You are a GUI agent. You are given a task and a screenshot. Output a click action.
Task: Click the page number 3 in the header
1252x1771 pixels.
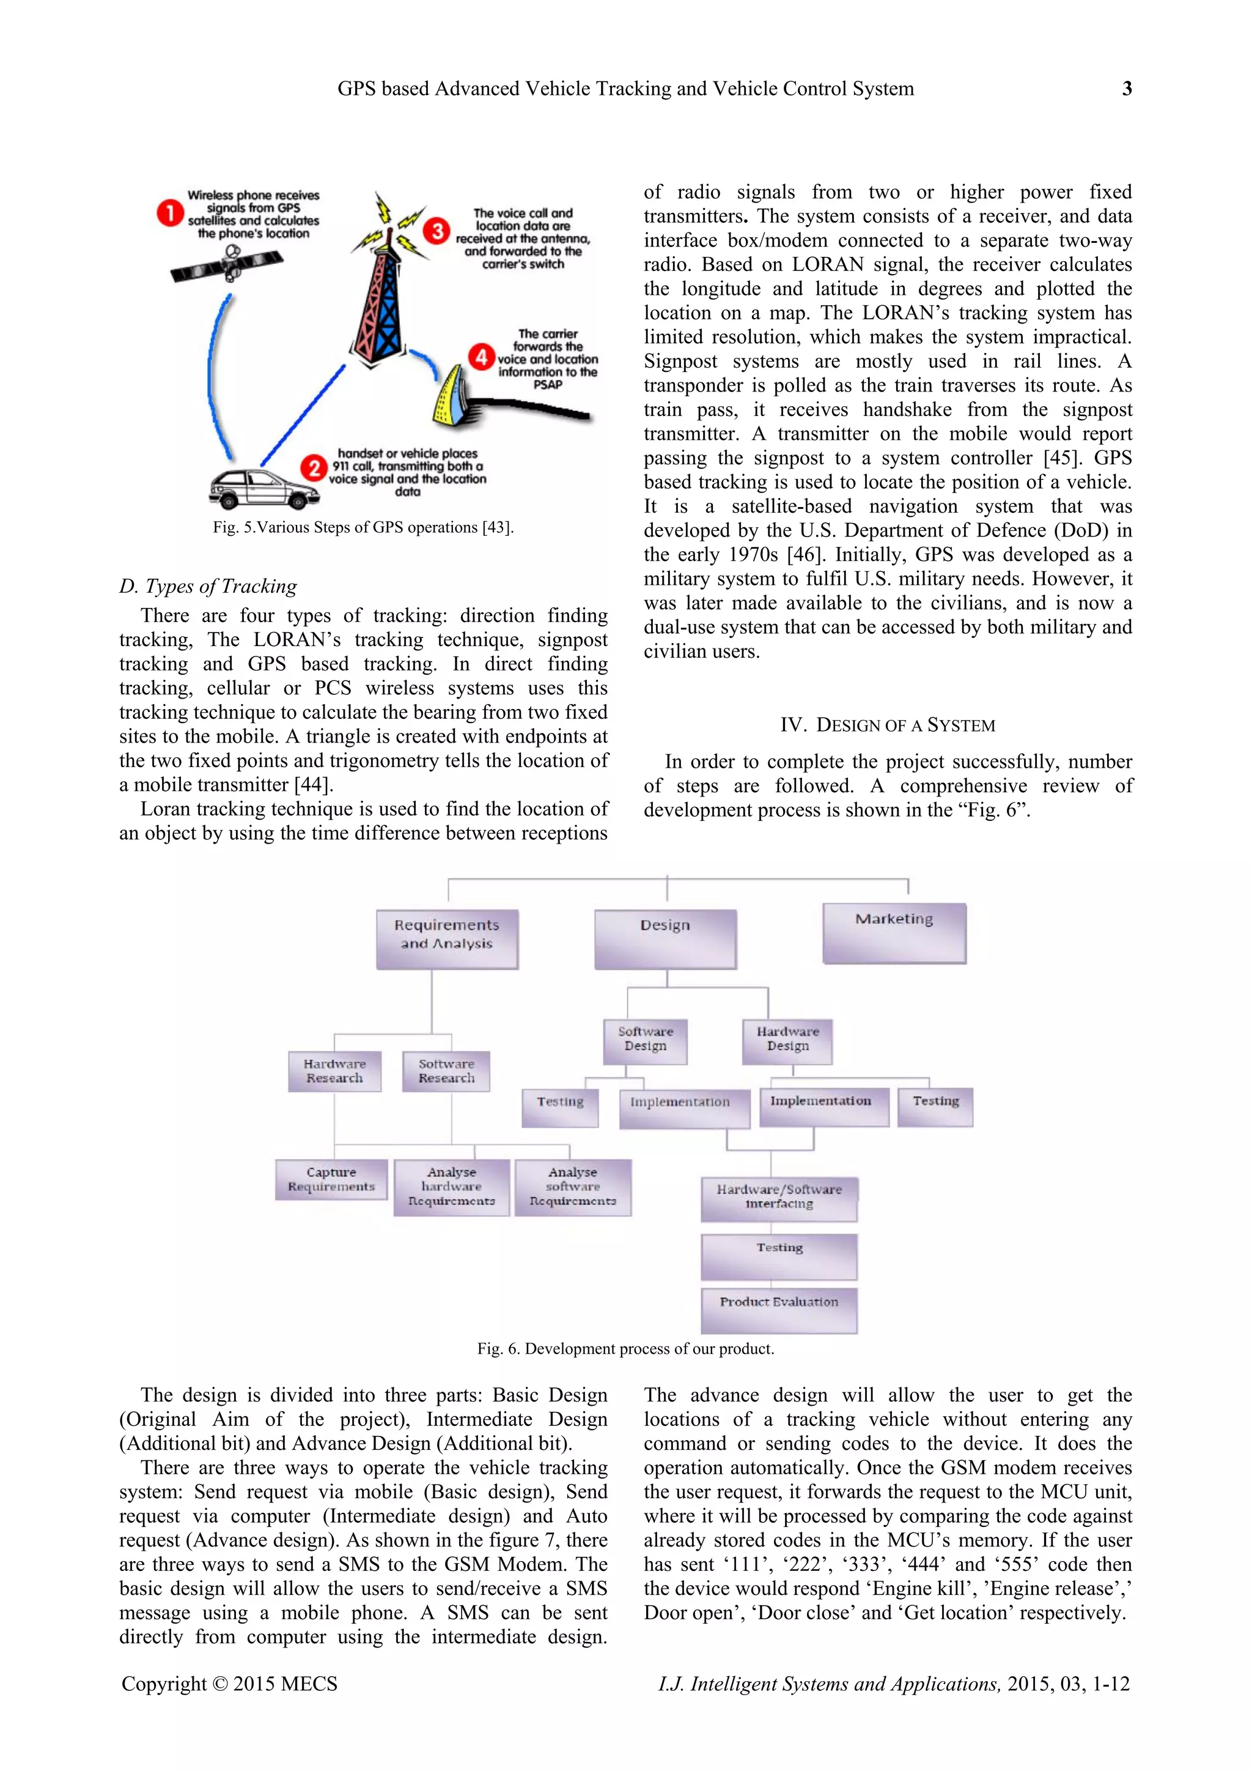tap(1126, 89)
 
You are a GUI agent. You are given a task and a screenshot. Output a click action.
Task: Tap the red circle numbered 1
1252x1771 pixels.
tap(169, 213)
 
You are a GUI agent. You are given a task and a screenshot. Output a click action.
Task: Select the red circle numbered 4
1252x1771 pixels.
tap(481, 357)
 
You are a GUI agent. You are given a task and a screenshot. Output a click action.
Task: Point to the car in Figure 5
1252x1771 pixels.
tap(262, 488)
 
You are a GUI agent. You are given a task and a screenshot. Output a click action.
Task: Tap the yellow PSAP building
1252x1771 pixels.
tap(450, 396)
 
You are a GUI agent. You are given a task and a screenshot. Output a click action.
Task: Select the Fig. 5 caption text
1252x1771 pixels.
tap(363, 527)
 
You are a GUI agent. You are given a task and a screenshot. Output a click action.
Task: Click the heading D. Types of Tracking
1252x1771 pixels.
tap(207, 586)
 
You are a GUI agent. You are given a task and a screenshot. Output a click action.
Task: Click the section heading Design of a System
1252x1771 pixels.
tap(888, 725)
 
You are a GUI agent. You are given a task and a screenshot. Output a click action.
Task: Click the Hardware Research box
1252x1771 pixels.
tap(334, 1071)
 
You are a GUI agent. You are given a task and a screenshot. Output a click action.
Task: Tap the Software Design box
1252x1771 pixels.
tap(646, 1041)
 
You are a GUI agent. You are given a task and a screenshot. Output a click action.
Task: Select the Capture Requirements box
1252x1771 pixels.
tap(331, 1179)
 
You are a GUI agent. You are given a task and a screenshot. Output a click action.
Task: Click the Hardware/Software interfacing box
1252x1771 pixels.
tap(779, 1198)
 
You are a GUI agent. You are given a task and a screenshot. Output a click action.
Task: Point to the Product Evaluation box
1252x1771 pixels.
tap(779, 1310)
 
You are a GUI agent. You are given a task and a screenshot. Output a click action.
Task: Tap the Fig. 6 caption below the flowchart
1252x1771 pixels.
tap(625, 1349)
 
